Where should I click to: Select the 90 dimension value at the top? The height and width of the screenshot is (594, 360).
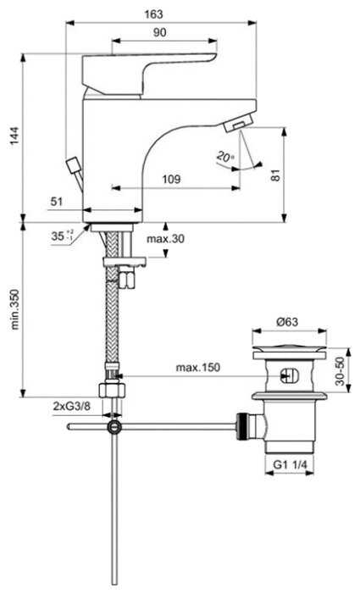pyautogui.click(x=159, y=31)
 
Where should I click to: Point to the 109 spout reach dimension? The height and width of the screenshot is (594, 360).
pyautogui.click(x=170, y=179)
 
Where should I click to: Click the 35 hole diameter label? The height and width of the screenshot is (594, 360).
pyautogui.click(x=58, y=237)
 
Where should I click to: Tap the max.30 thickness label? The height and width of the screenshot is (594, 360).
pyautogui.click(x=165, y=239)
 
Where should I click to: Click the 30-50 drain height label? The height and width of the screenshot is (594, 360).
pyautogui.click(x=339, y=371)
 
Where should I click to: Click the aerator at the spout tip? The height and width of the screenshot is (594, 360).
pyautogui.click(x=235, y=125)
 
